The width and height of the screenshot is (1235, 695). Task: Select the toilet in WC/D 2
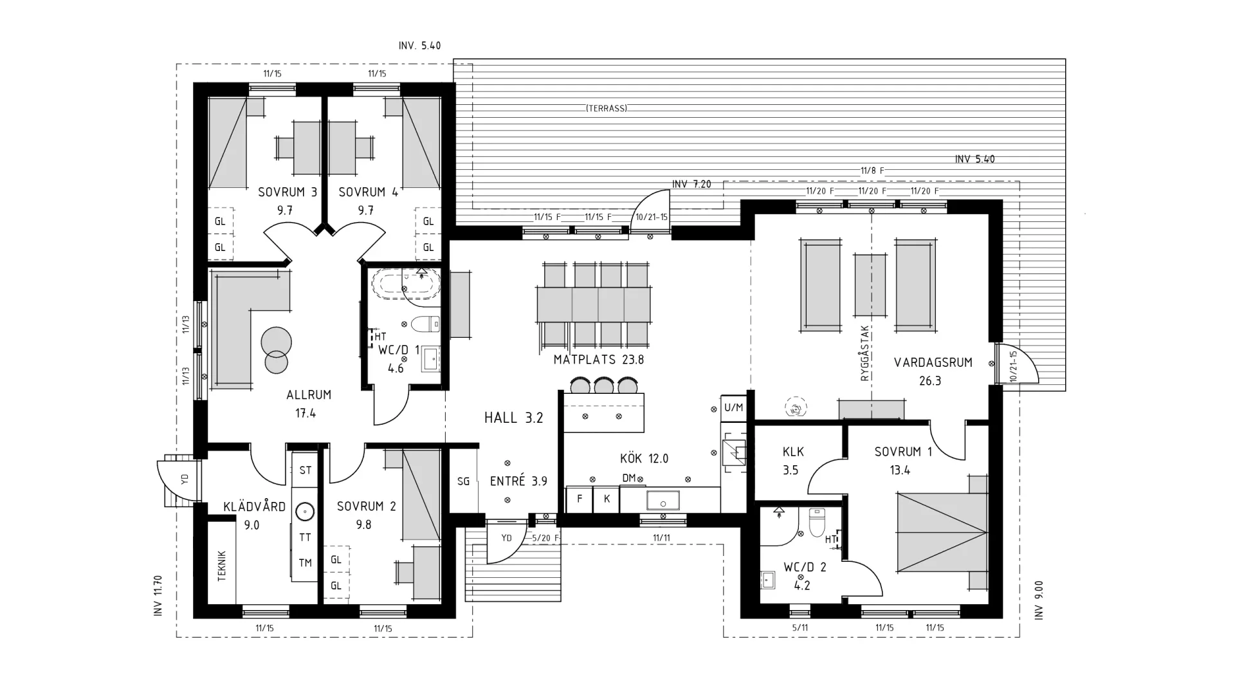pyautogui.click(x=816, y=523)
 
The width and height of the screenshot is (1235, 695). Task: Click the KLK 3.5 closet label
pyautogui.click(x=792, y=460)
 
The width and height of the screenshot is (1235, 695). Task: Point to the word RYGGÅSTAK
pyautogui.click(x=865, y=353)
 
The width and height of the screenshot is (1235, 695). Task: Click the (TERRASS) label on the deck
pyautogui.click(x=606, y=108)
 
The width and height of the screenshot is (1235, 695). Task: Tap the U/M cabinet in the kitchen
pyautogui.click(x=733, y=407)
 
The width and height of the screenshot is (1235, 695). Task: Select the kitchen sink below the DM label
pyautogui.click(x=663, y=500)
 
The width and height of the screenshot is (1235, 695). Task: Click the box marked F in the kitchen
pyautogui.click(x=580, y=499)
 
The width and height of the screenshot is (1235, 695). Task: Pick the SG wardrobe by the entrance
pyautogui.click(x=463, y=481)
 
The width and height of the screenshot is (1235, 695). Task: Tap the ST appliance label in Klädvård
pyautogui.click(x=305, y=470)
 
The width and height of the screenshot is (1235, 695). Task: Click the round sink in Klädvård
pyautogui.click(x=305, y=512)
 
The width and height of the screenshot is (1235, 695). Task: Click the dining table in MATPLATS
pyautogui.click(x=593, y=304)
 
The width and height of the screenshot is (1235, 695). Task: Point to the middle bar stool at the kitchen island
pyautogui.click(x=603, y=385)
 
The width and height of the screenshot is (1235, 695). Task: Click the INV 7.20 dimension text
pyautogui.click(x=691, y=184)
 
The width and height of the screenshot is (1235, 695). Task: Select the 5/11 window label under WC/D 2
pyautogui.click(x=800, y=627)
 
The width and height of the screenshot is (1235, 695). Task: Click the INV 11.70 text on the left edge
pyautogui.click(x=158, y=596)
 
